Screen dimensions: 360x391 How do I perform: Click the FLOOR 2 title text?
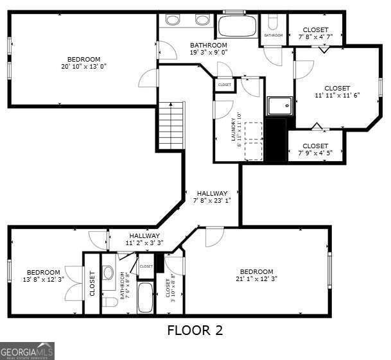(195, 330)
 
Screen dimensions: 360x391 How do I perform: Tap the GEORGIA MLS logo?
(27, 351)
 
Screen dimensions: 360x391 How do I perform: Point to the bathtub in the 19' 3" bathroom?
(237, 26)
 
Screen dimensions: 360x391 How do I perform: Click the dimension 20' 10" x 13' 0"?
(83, 66)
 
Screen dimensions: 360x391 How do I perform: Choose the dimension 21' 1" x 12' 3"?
(256, 279)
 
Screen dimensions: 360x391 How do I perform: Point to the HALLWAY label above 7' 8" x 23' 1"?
(212, 193)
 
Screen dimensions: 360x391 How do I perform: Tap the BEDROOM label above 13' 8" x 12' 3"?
(44, 272)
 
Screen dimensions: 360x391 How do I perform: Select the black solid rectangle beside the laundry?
(275, 139)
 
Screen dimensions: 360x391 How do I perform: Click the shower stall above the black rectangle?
(278, 106)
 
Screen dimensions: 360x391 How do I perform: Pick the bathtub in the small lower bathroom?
(146, 298)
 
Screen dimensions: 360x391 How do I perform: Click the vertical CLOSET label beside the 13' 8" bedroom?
(92, 283)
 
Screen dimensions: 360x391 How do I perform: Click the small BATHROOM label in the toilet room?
(273, 35)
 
